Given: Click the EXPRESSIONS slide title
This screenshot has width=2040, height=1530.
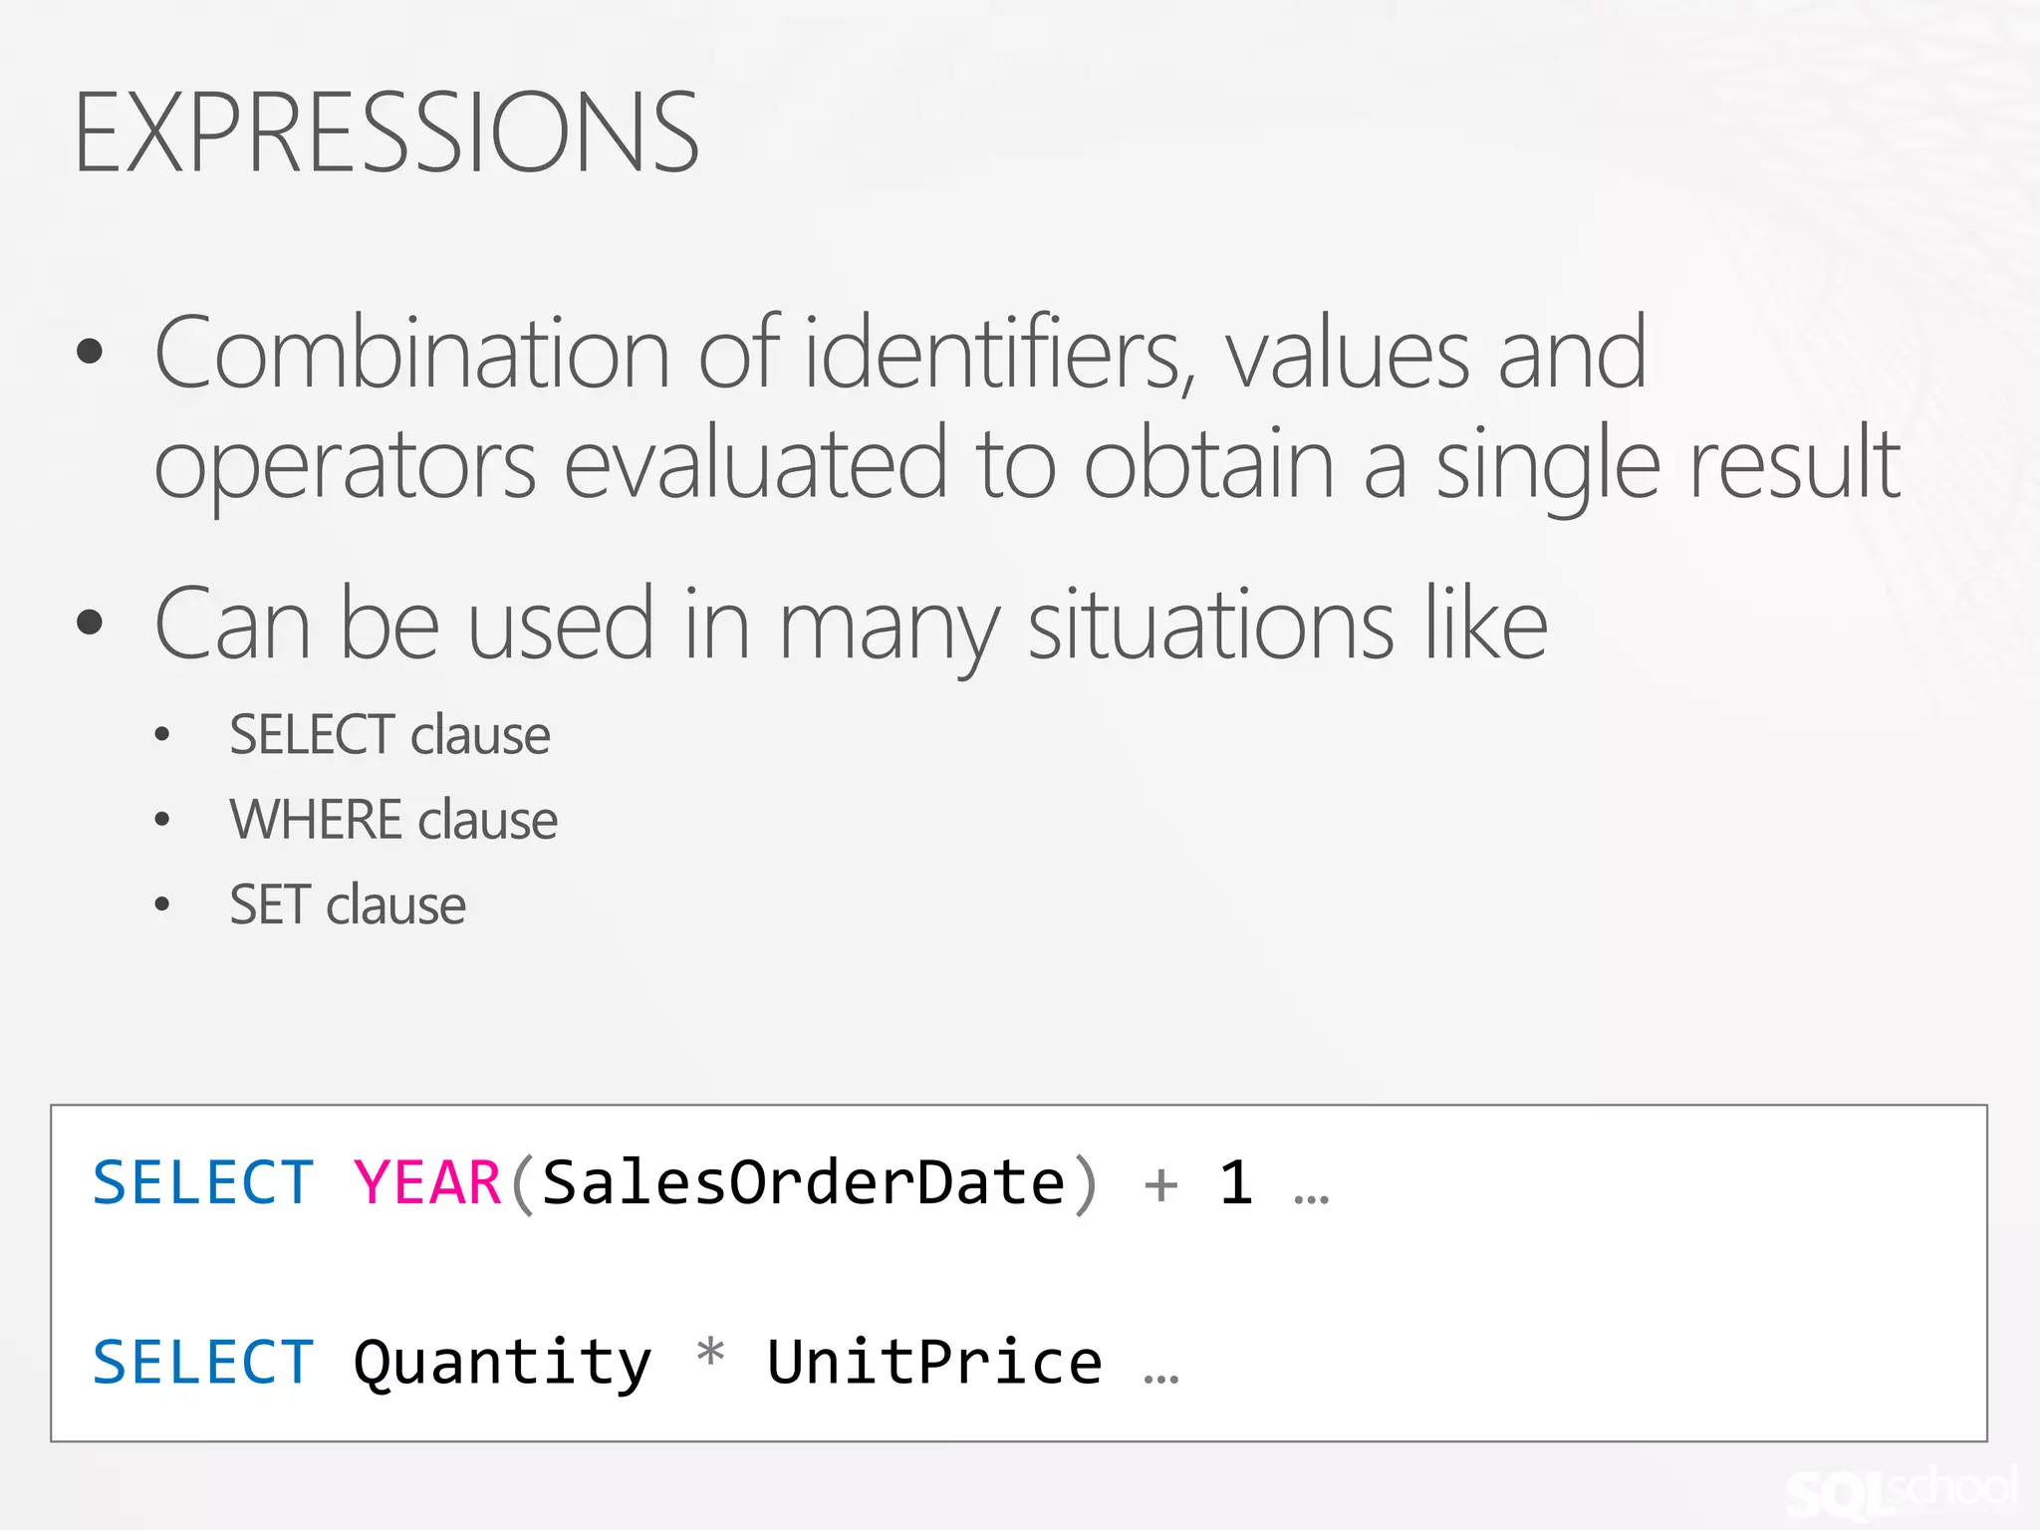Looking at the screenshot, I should [x=386, y=132].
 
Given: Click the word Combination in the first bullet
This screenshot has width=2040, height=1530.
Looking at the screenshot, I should [x=411, y=353].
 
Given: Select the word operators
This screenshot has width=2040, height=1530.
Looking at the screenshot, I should [x=345, y=464].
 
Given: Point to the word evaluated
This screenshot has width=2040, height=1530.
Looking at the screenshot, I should [x=755, y=462].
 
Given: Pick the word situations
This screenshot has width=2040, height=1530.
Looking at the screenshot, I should [x=1210, y=625].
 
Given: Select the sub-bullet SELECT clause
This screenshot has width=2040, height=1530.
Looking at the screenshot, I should [x=389, y=735].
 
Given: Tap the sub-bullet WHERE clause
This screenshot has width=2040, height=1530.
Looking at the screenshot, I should [x=393, y=820].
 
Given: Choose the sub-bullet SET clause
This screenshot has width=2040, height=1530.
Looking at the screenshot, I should [x=348, y=904].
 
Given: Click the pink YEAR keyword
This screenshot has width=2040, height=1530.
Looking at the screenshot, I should [x=427, y=1183].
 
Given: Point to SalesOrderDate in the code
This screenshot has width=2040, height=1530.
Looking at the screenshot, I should [x=803, y=1183].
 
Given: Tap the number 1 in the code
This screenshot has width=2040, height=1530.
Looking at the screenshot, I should [x=1236, y=1183].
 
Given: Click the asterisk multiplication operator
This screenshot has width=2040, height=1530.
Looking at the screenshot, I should [x=710, y=1355].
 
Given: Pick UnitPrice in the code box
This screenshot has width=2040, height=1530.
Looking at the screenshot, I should [x=934, y=1363].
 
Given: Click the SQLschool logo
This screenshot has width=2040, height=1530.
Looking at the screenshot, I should [x=1901, y=1490].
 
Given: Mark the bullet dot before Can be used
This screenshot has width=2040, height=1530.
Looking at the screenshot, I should [x=90, y=622].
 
